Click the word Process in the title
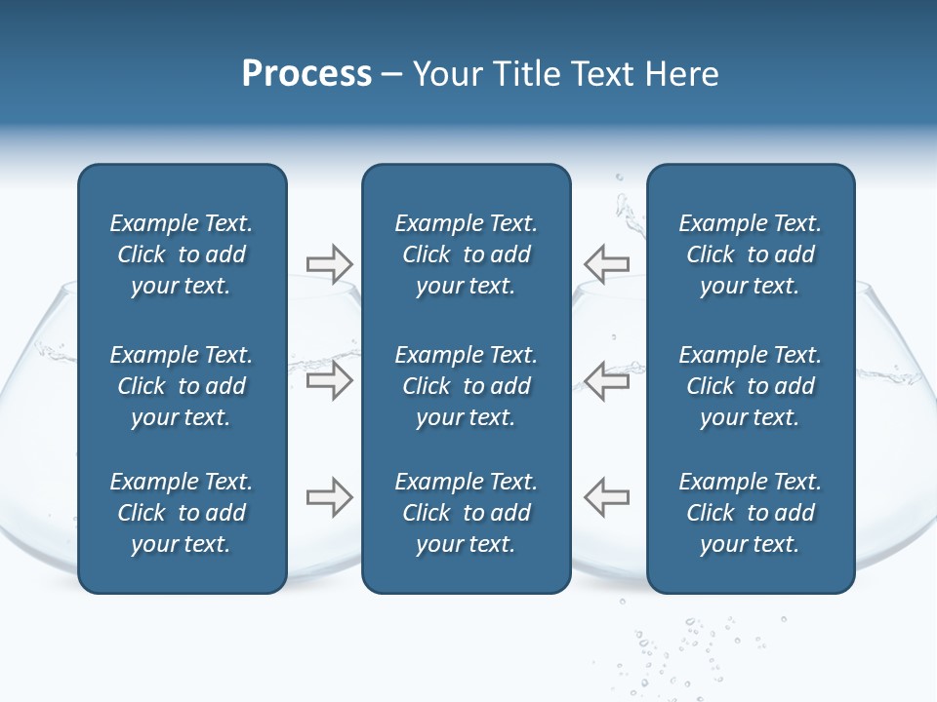(x=306, y=74)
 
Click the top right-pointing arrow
(x=329, y=263)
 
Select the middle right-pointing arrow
(x=329, y=380)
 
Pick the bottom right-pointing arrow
(x=329, y=497)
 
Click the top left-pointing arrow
(x=606, y=263)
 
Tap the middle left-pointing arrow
(x=606, y=380)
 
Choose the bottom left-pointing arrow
(x=606, y=497)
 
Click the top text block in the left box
(x=182, y=254)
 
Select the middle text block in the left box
(x=182, y=386)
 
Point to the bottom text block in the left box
(x=182, y=513)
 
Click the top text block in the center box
(x=466, y=254)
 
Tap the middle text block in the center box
(x=466, y=386)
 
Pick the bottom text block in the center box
(x=466, y=513)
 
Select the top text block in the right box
(x=750, y=254)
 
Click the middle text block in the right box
(x=750, y=386)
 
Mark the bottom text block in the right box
(x=750, y=513)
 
